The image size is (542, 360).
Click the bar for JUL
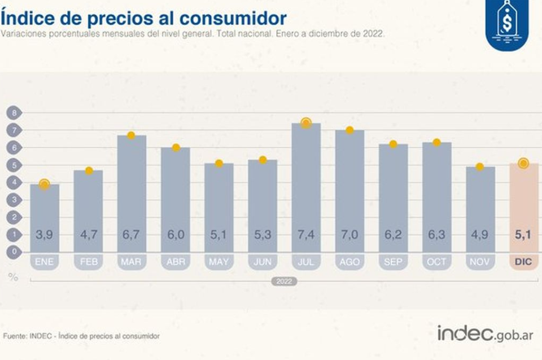(306, 186)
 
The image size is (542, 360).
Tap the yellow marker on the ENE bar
(44, 184)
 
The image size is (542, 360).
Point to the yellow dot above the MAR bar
(131, 135)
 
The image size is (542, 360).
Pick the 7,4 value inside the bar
(306, 234)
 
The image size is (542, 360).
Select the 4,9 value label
(480, 234)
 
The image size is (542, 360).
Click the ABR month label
(175, 262)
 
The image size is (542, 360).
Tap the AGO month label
(349, 262)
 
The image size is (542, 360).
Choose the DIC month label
(524, 262)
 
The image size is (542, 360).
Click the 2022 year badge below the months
(284, 281)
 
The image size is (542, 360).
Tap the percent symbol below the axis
(12, 276)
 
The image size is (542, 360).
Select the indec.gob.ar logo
(485, 333)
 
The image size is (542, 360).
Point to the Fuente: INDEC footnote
(81, 336)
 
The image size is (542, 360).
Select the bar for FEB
(88, 210)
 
